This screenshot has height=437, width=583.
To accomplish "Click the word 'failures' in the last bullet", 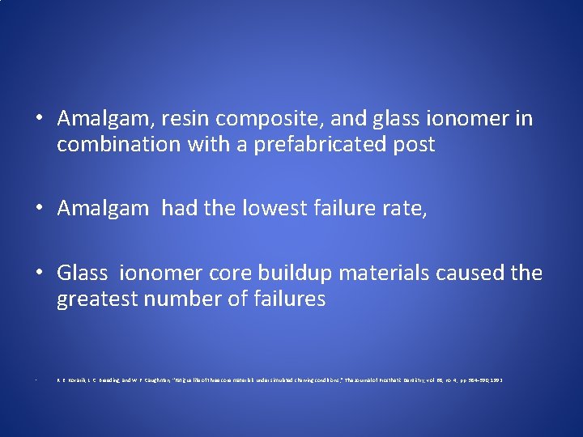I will click(x=285, y=299).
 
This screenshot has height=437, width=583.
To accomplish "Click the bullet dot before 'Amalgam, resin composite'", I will click(x=40, y=120).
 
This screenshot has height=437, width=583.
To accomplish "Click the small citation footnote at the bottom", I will click(x=279, y=379).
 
